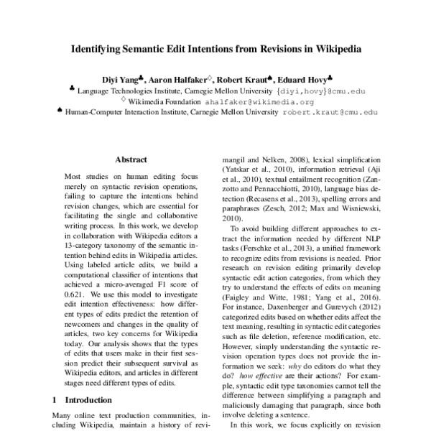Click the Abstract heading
(131, 159)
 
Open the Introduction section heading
(85, 399)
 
